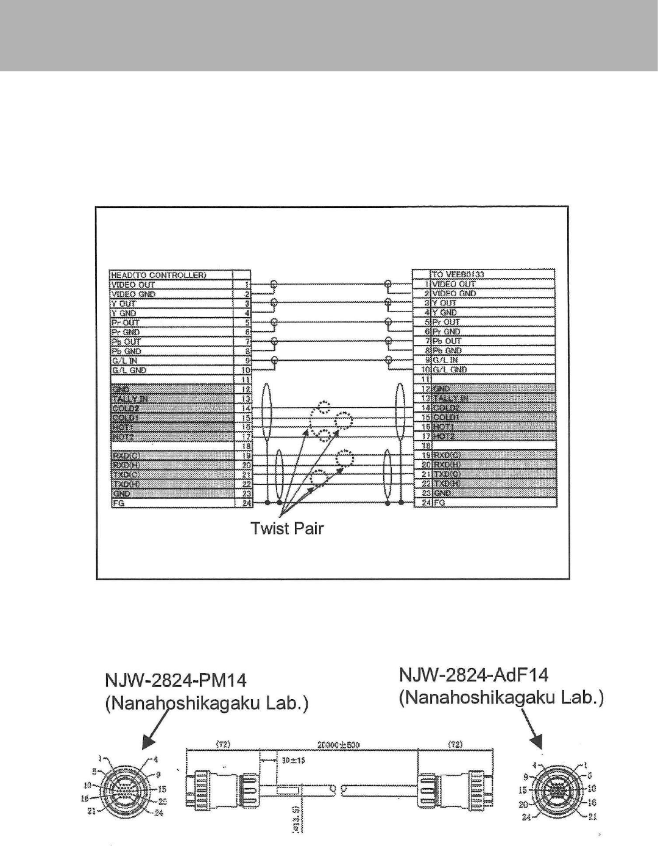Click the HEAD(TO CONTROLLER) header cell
[158, 275]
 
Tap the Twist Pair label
[287, 528]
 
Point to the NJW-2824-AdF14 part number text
[473, 675]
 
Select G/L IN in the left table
[124, 360]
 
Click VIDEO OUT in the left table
[133, 285]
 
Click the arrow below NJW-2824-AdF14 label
[531, 732]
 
